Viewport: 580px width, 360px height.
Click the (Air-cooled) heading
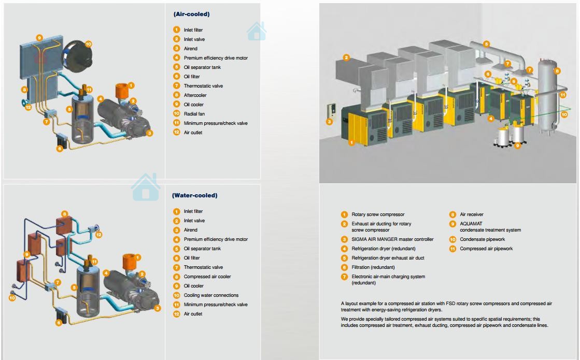pos(192,14)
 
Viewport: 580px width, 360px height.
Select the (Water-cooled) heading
pos(194,195)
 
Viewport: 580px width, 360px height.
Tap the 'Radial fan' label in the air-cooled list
pos(194,114)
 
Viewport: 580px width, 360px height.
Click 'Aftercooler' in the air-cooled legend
pos(195,95)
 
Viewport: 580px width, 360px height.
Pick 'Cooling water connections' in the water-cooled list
pos(211,295)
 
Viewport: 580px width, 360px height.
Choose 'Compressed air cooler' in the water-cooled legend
pos(207,277)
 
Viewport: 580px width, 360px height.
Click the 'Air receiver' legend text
pos(472,214)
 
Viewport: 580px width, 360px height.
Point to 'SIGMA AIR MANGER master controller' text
pos(392,239)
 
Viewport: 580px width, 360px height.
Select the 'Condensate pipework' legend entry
pos(483,239)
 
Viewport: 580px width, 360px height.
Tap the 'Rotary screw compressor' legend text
pos(378,214)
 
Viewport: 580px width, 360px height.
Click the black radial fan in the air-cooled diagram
pos(78,56)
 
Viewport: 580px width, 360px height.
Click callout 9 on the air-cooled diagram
pos(39,38)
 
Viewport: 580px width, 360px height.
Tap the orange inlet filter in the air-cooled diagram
pos(121,91)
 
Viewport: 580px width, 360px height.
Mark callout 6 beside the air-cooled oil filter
pos(60,149)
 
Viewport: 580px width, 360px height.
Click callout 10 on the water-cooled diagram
pos(12,297)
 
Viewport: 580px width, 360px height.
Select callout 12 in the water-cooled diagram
pos(99,234)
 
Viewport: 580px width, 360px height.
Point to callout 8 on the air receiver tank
pos(557,71)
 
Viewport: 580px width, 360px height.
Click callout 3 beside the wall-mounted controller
pos(329,122)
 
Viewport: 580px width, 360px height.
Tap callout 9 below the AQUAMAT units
pos(517,146)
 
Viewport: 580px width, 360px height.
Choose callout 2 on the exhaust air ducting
pos(346,57)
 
